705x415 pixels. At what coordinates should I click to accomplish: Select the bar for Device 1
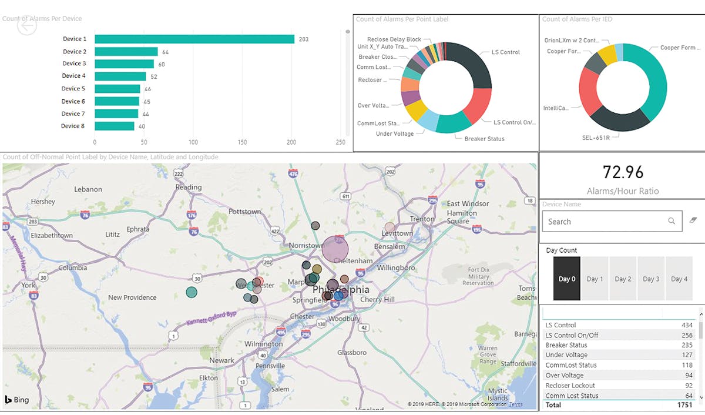(194, 39)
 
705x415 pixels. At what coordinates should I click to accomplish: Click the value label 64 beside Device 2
(166, 52)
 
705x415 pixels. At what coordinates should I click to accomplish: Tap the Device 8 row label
(73, 126)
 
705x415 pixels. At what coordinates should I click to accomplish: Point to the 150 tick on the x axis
(243, 142)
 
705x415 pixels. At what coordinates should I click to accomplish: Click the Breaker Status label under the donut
(484, 139)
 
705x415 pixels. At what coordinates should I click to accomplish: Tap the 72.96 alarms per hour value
(623, 172)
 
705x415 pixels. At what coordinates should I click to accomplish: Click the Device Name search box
(605, 222)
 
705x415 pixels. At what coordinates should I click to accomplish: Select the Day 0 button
(567, 279)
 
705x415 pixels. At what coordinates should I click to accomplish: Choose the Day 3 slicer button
(651, 279)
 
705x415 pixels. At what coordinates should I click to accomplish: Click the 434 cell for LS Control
(687, 325)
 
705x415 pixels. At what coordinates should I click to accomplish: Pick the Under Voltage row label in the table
(566, 355)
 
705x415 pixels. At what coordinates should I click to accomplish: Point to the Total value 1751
(685, 405)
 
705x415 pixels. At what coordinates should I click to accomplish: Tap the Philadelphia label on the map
(341, 290)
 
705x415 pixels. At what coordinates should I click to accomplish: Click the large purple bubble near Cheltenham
(335, 249)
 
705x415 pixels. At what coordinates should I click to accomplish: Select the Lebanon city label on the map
(88, 189)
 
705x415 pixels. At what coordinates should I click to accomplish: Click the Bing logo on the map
(17, 400)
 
